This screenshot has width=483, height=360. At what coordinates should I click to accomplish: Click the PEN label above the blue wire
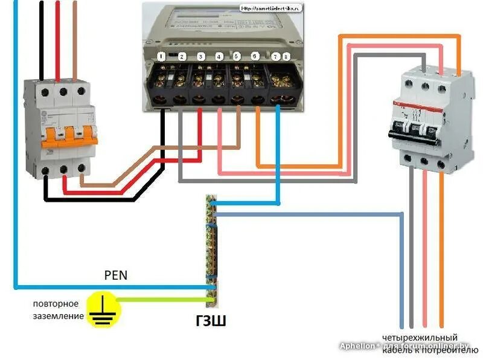tap(116, 275)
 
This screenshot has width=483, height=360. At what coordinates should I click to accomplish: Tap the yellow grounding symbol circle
tap(103, 310)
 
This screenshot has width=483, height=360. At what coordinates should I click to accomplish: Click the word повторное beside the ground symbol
tap(56, 303)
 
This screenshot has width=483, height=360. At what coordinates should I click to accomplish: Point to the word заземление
tap(58, 315)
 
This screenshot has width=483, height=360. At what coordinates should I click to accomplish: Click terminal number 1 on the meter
tap(161, 56)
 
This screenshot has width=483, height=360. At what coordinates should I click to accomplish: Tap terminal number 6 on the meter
tap(255, 56)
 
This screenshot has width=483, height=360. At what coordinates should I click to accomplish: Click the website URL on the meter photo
tap(272, 9)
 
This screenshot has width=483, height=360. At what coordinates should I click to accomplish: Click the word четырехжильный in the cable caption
tap(419, 337)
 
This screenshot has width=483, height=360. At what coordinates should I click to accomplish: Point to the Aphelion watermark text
tap(360, 346)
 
